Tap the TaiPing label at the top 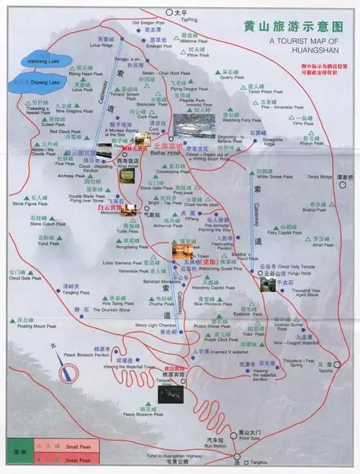point(189,19)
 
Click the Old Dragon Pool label point(149,24)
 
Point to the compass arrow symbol point(70,373)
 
